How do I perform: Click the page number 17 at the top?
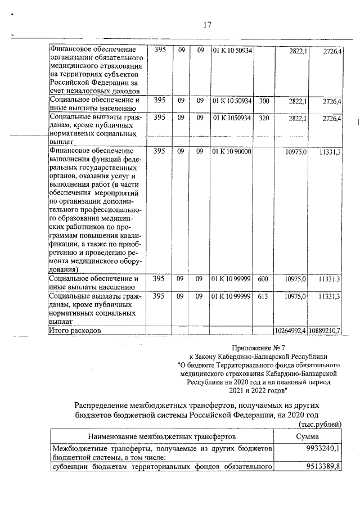[x=206, y=24]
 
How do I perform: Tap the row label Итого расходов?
[x=75, y=331]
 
